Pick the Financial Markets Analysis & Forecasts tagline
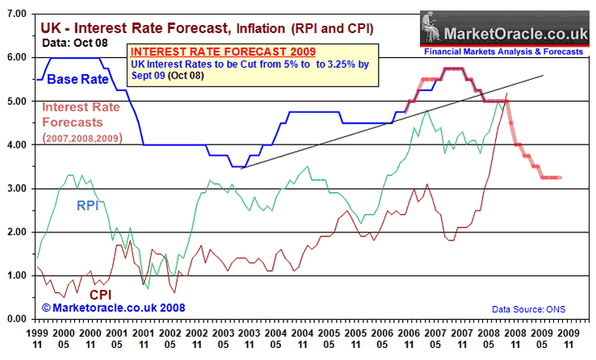502,51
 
